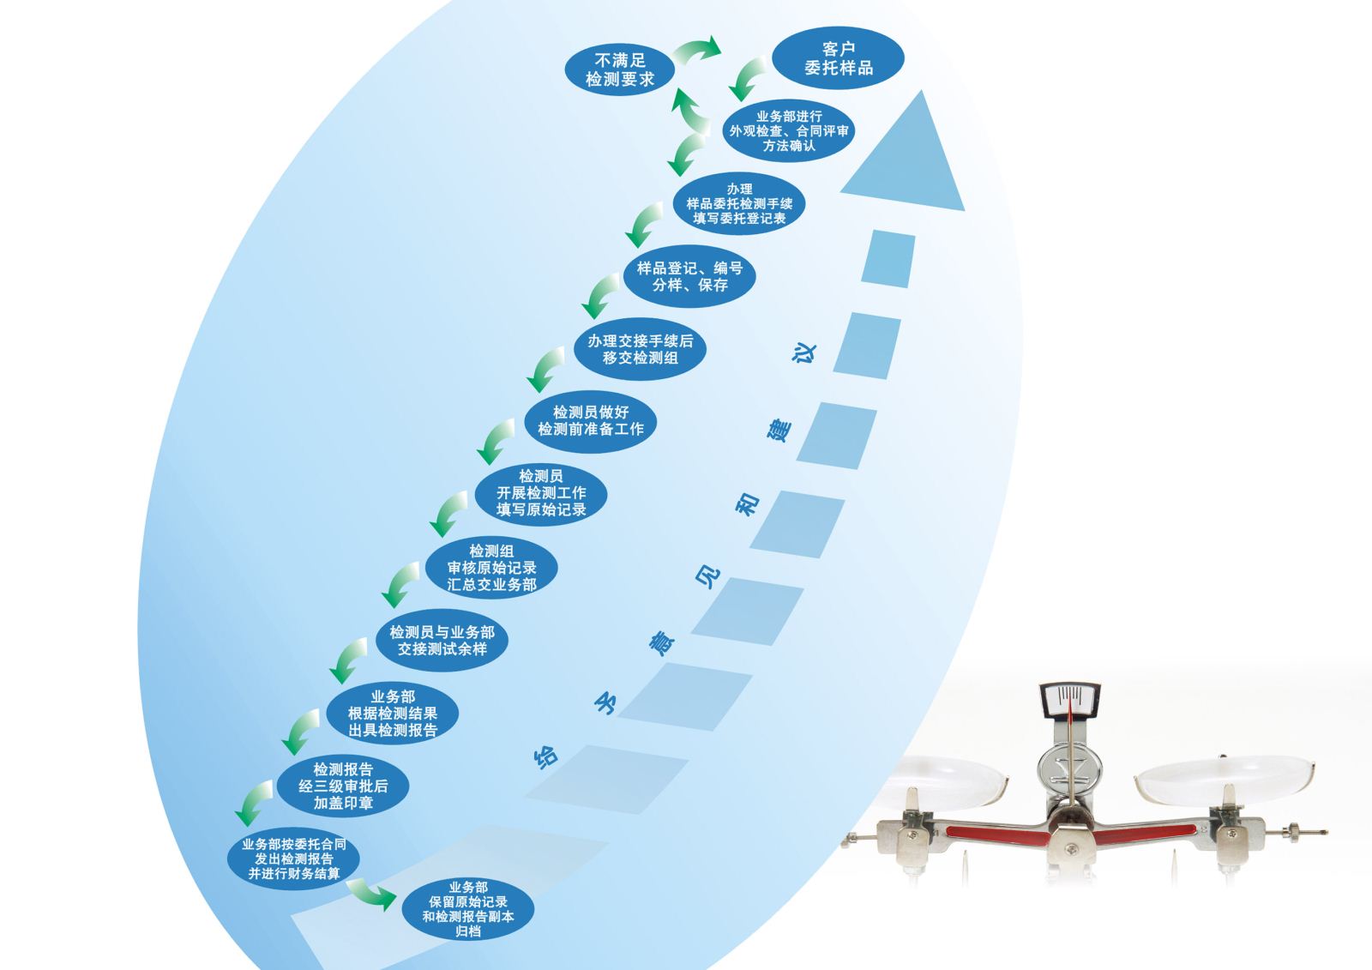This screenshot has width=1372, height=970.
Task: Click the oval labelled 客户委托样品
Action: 838,59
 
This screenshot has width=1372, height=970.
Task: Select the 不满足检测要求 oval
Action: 620,69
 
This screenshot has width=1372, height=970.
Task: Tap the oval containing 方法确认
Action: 789,131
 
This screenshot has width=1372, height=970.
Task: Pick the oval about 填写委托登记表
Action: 739,204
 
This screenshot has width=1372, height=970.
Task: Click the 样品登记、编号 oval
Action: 689,276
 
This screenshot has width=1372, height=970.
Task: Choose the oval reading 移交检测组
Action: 640,349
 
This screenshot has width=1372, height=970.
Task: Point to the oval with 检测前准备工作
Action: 590,420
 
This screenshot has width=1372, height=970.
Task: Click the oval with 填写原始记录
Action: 541,493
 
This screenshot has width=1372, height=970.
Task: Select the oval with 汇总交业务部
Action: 491,568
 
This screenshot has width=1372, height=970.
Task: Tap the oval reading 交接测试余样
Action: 442,641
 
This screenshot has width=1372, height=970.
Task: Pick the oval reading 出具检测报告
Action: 392,714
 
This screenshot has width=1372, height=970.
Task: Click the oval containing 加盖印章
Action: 342,786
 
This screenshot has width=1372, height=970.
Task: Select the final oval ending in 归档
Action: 467,909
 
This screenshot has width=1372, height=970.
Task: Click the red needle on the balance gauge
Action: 1069,720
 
